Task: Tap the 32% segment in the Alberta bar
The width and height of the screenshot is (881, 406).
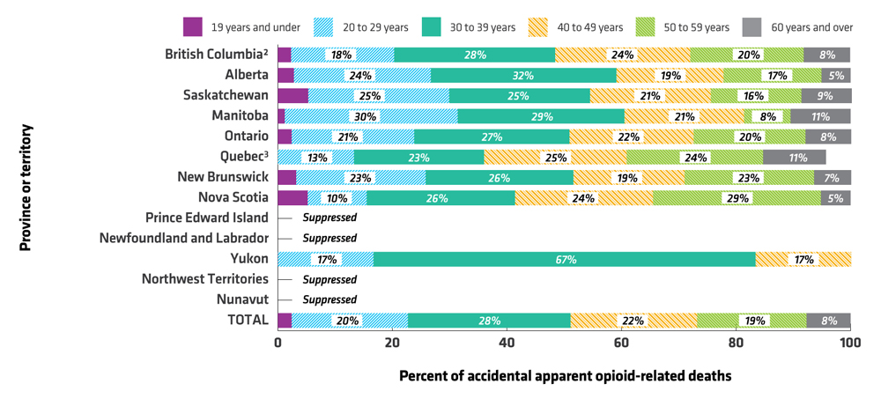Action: [523, 75]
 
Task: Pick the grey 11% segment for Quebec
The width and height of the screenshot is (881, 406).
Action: [794, 157]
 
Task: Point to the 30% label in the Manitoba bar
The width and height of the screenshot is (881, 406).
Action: [365, 116]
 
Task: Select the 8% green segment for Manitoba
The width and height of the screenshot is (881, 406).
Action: [767, 116]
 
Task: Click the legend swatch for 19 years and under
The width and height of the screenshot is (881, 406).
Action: [194, 27]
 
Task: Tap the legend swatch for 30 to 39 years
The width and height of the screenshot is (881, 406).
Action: [433, 27]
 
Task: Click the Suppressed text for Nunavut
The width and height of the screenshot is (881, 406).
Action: [329, 299]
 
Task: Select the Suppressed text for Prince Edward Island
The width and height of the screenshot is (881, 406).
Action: [329, 218]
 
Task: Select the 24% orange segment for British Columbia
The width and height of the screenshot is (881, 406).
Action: [622, 55]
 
